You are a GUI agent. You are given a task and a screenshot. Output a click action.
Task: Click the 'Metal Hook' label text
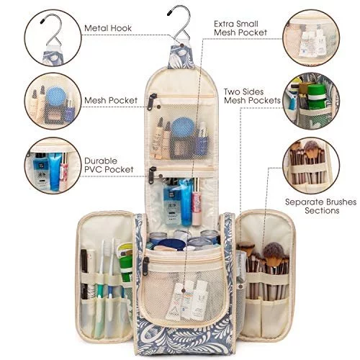click(108, 28)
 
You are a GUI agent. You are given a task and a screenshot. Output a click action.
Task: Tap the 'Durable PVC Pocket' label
click(109, 165)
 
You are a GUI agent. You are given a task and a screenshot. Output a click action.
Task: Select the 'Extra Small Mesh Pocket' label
click(240, 28)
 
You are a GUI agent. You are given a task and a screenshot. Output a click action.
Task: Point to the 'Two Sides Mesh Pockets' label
click(252, 96)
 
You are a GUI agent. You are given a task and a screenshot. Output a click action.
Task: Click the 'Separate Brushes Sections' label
click(321, 206)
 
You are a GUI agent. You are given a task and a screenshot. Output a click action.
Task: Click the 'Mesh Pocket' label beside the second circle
click(111, 100)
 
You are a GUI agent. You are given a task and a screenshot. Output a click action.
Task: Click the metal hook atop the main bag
click(179, 23)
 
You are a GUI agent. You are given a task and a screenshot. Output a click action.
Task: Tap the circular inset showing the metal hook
click(53, 37)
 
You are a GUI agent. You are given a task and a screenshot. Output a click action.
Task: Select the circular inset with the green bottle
click(311, 101)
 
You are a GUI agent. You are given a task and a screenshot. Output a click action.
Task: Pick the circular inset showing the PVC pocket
click(53, 166)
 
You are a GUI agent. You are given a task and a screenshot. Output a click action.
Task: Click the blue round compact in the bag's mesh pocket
click(184, 127)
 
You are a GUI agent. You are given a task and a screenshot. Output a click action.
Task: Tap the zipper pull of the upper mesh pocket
click(152, 102)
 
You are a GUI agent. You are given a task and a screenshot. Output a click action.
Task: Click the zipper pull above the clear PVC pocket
click(152, 175)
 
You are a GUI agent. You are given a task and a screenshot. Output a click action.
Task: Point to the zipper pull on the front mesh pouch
click(145, 266)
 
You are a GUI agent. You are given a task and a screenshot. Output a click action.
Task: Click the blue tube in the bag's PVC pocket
click(186, 202)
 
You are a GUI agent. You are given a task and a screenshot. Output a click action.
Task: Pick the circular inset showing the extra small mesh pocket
click(311, 37)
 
